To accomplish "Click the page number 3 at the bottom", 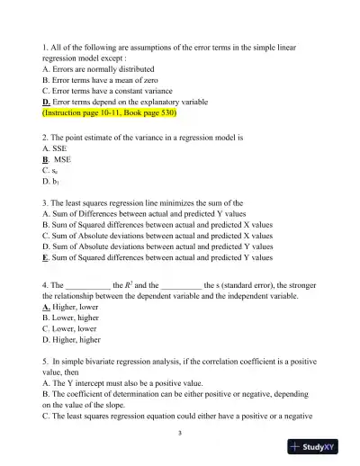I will tap(180, 434).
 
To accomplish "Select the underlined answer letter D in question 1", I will tap(47, 103).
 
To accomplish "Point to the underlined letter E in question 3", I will tap(46, 256).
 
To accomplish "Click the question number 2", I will tap(45, 139).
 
